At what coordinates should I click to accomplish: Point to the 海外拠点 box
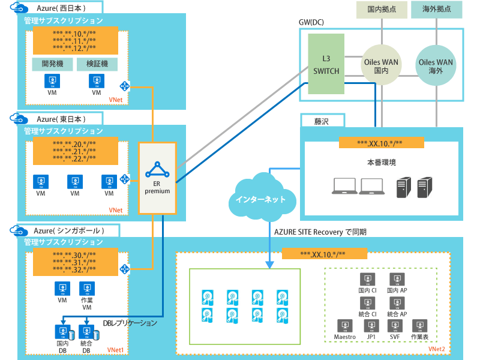436,10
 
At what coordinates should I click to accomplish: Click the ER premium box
157,178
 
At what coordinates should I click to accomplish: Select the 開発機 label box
52,63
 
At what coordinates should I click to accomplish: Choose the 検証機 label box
97,63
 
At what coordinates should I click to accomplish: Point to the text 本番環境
382,163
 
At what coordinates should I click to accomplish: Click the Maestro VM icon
345,327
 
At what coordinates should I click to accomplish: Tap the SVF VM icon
395,327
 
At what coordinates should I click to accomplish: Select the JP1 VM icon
371,327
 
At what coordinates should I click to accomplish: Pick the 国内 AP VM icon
397,280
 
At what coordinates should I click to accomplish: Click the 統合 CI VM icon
367,304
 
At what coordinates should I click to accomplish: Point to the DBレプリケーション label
130,323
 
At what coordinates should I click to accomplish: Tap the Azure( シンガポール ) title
68,230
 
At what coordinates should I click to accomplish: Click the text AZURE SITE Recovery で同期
320,232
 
